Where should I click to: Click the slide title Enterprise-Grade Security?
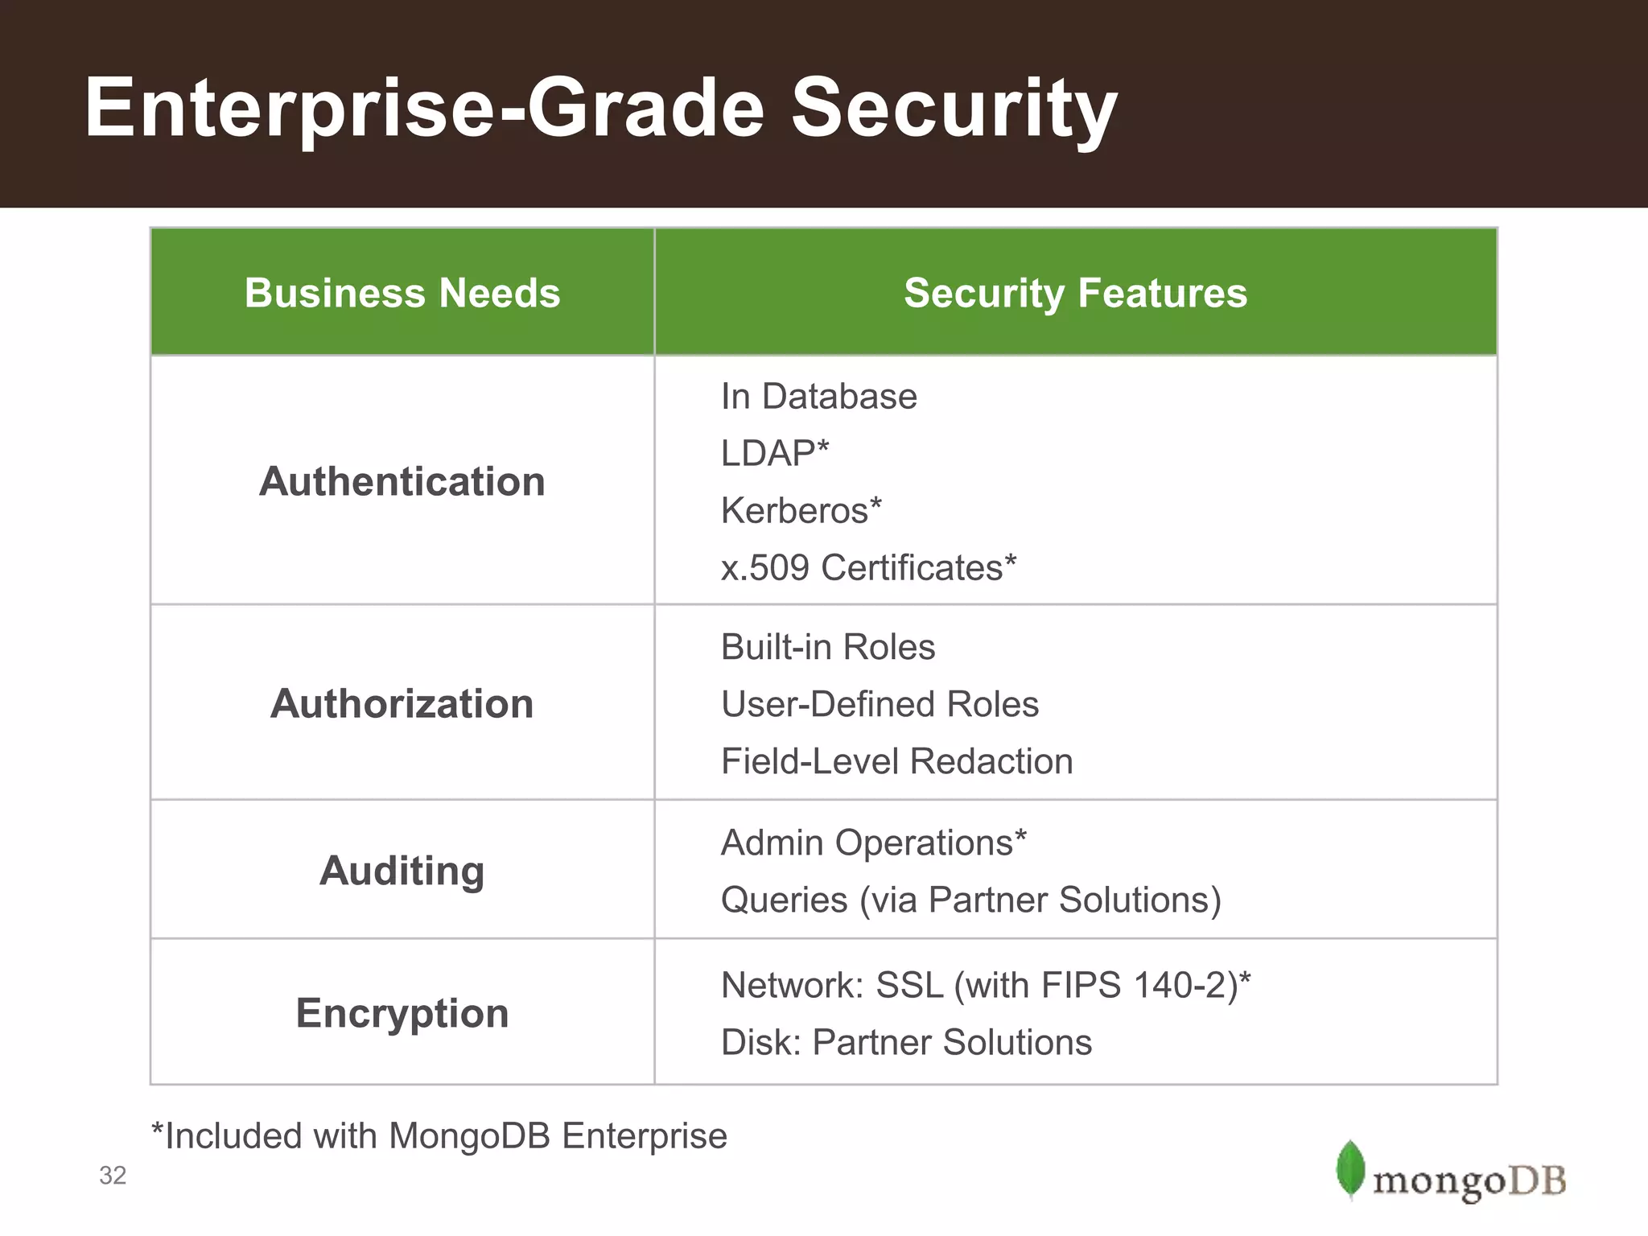tap(600, 109)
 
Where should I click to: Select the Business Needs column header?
tap(402, 293)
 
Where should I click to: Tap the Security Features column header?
tap(1075, 293)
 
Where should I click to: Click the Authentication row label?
tap(402, 482)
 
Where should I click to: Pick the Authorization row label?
tap(402, 704)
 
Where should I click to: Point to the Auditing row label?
tap(402, 871)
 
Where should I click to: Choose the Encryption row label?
tap(402, 1013)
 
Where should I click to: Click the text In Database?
tap(818, 397)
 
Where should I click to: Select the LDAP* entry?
tap(774, 454)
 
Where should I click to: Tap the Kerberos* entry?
tap(801, 511)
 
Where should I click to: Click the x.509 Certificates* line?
tap(868, 568)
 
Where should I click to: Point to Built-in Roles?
tap(828, 648)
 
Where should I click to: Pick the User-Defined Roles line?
tap(880, 705)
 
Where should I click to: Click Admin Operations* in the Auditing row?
tap(873, 843)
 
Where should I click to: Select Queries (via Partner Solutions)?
tap(970, 900)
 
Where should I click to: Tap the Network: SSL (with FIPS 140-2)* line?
tap(986, 986)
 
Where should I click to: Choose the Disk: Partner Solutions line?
tap(906, 1043)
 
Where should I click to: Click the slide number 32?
tap(113, 1176)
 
